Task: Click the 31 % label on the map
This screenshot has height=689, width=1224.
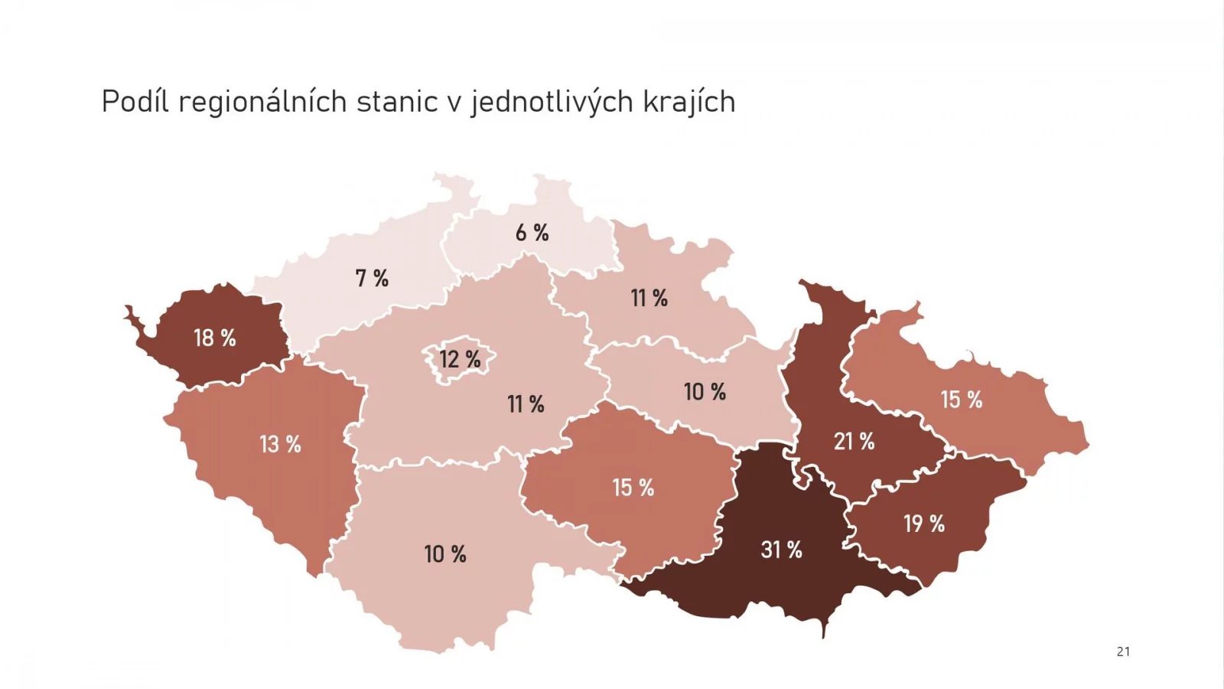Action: tap(781, 550)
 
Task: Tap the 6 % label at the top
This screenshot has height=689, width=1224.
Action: tap(532, 233)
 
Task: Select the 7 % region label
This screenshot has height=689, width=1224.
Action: tap(372, 278)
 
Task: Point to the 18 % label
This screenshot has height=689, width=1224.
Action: tap(214, 338)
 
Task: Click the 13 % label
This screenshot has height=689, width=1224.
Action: tap(280, 444)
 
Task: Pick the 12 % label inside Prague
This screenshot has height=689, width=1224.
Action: tap(460, 359)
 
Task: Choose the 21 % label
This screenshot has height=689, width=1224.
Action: tap(854, 441)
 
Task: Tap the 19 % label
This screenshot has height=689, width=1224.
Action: tap(923, 524)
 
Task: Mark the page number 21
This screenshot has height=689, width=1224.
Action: tap(1123, 651)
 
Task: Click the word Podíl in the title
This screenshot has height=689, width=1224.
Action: tap(135, 101)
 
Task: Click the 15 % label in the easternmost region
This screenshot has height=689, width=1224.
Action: tap(961, 400)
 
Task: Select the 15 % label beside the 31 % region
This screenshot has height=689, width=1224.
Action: tap(633, 488)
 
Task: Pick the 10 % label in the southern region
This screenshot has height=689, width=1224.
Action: tap(444, 554)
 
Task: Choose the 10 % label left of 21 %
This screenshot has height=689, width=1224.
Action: tap(705, 392)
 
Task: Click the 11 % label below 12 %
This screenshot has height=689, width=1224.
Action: tap(526, 404)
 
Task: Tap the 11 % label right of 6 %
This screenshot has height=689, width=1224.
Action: tap(649, 298)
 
